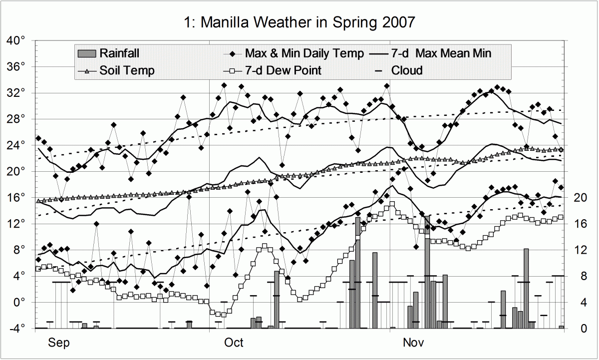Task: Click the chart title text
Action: point(299,22)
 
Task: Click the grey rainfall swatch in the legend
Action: point(87,53)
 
